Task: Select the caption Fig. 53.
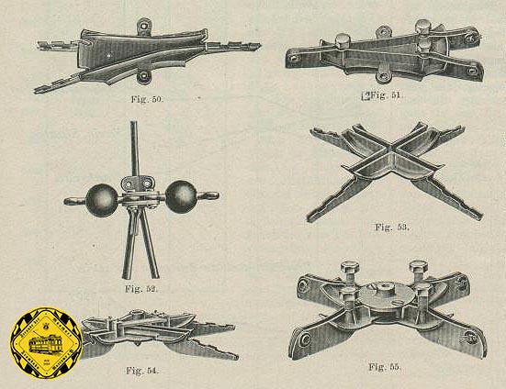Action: [393, 226]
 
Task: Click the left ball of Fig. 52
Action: [99, 198]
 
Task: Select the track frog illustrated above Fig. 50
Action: [147, 54]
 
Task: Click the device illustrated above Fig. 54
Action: [152, 332]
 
